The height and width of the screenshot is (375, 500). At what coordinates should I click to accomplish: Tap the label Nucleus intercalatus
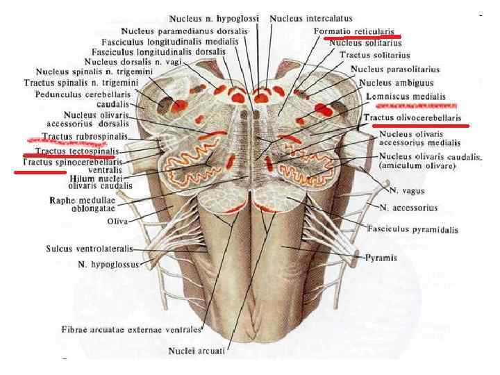310,18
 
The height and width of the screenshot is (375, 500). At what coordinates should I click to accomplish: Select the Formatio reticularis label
354,31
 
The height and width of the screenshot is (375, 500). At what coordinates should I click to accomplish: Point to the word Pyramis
381,258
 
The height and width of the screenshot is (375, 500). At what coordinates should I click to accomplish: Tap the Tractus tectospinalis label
76,150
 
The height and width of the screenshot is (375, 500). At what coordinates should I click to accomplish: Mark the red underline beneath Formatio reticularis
362,37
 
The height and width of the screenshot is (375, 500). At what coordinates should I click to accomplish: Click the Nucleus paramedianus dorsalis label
185,31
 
